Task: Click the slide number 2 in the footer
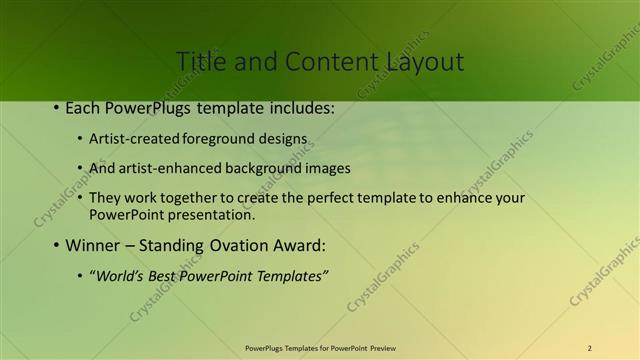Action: [590, 348]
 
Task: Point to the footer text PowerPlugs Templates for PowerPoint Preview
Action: [320, 348]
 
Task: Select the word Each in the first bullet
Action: [83, 107]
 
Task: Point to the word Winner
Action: [92, 245]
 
